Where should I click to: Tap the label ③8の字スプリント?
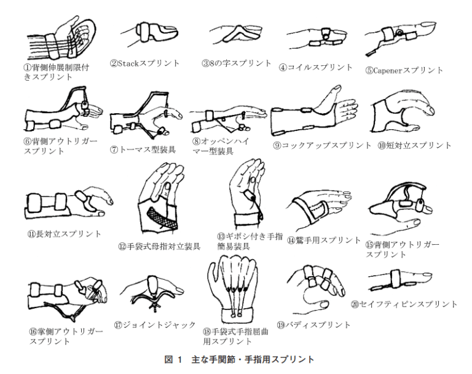pyautogui.click(x=237, y=63)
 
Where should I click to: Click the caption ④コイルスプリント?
pyautogui.click(x=315, y=67)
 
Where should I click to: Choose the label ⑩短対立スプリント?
pyautogui.click(x=414, y=146)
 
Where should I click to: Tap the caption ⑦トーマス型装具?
pyautogui.click(x=143, y=149)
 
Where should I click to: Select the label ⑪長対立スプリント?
pyautogui.click(x=65, y=234)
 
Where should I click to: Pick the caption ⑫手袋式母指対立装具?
pyautogui.click(x=159, y=247)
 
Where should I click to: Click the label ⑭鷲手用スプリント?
pyautogui.click(x=324, y=240)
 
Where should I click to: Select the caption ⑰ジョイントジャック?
pyautogui.click(x=155, y=325)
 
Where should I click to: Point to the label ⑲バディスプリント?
pyautogui.click(x=313, y=325)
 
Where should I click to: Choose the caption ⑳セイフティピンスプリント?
pyautogui.click(x=404, y=304)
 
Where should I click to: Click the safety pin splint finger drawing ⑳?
pyautogui.click(x=400, y=280)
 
